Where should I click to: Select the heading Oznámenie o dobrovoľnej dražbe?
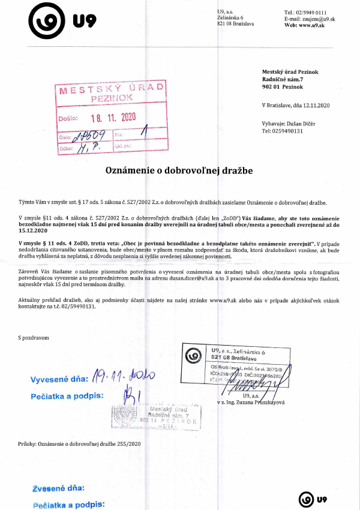pyautogui.click(x=179, y=170)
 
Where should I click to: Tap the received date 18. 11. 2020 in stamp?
pyautogui.click(x=113, y=116)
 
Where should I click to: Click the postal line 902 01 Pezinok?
pyautogui.click(x=283, y=86)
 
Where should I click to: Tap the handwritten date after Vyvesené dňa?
pyautogui.click(x=125, y=376)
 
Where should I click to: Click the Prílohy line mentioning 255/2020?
pyautogui.click(x=79, y=443)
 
